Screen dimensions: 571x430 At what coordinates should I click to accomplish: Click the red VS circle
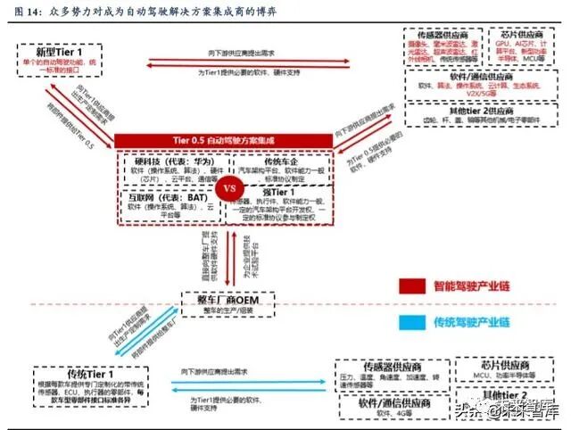click(x=230, y=189)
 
